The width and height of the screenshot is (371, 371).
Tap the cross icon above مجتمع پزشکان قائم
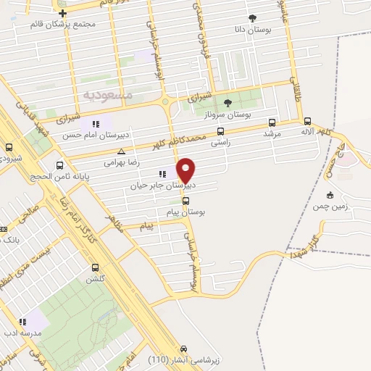pos(64,13)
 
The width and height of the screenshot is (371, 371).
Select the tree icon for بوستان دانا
pos(251,18)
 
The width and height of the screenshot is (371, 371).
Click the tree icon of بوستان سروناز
pos(228,103)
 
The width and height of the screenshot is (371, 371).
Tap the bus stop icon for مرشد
pos(272,122)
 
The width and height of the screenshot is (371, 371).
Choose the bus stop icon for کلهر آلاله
pos(307,122)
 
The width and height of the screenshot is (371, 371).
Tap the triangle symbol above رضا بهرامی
pos(121,152)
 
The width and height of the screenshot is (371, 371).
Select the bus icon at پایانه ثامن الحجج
pos(59,164)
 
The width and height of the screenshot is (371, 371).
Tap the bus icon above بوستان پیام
pos(185,201)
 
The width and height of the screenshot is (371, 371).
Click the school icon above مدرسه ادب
pos(23,321)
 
